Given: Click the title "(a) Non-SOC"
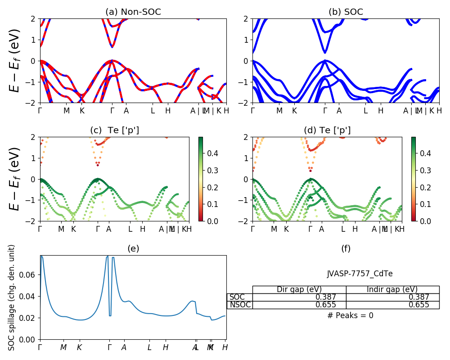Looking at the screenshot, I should tap(133, 12).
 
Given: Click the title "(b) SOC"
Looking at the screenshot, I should tap(346, 12).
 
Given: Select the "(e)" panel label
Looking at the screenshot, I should tap(133, 248).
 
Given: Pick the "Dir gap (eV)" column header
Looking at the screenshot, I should tap(299, 289).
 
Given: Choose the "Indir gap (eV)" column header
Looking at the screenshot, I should tap(392, 289).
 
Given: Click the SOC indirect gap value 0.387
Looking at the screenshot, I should tap(418, 297).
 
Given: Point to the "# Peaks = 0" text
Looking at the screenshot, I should tap(350, 315).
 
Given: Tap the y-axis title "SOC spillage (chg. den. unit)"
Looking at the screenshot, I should tap(12, 297).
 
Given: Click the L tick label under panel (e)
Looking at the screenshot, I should tap(149, 347).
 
